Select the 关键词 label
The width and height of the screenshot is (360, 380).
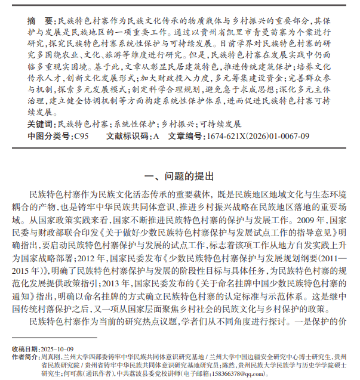pyautogui.click(x=40, y=124)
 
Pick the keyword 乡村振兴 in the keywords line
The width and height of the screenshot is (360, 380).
pyautogui.click(x=177, y=124)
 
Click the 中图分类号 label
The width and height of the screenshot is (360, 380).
pyautogui.click(x=49, y=136)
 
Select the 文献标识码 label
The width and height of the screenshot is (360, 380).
pyautogui.click(x=129, y=136)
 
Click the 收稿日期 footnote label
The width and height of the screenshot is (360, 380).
pyautogui.click(x=24, y=348)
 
